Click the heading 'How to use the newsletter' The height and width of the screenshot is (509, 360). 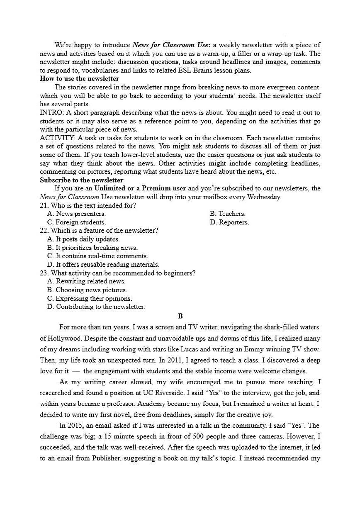pyautogui.click(x=79, y=79)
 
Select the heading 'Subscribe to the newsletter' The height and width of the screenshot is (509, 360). pyautogui.click(x=81, y=180)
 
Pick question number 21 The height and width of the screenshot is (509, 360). pyautogui.click(x=44, y=205)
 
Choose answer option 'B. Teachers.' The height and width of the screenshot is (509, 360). pyautogui.click(x=227, y=214)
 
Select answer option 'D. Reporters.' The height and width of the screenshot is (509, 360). pyautogui.click(x=229, y=222)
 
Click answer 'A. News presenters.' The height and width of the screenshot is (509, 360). pyautogui.click(x=76, y=214)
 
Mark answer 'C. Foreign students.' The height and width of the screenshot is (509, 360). pyautogui.click(x=76, y=222)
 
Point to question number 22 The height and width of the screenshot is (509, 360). pyautogui.click(x=44, y=231)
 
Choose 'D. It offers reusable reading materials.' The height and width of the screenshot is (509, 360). pyautogui.click(x=103, y=265)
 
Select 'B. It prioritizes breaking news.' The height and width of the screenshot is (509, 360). pyautogui.click(x=92, y=248)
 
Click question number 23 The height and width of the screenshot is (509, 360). pyautogui.click(x=44, y=273)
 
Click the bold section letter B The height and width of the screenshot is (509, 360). pyautogui.click(x=180, y=316)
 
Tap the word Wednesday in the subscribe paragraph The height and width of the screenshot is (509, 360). pyautogui.click(x=266, y=197)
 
